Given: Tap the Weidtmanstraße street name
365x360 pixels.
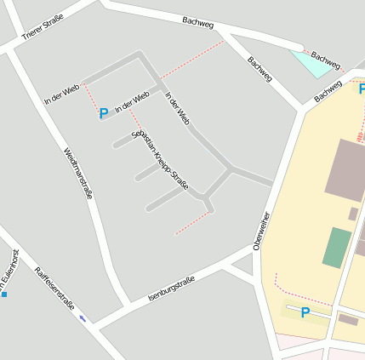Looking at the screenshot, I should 77,173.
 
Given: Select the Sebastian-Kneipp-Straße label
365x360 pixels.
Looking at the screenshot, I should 160,161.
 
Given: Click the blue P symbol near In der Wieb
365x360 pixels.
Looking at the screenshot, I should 104,113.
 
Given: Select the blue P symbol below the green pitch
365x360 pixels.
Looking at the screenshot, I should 305,313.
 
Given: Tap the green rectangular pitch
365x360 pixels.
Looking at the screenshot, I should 337,248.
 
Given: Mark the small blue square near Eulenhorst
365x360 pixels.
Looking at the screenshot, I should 4,294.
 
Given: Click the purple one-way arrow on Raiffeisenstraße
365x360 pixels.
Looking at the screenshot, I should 83,318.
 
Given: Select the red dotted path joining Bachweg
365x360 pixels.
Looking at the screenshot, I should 191,59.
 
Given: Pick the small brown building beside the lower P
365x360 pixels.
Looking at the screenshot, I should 348,320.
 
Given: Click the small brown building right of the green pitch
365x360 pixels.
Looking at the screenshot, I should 353,214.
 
